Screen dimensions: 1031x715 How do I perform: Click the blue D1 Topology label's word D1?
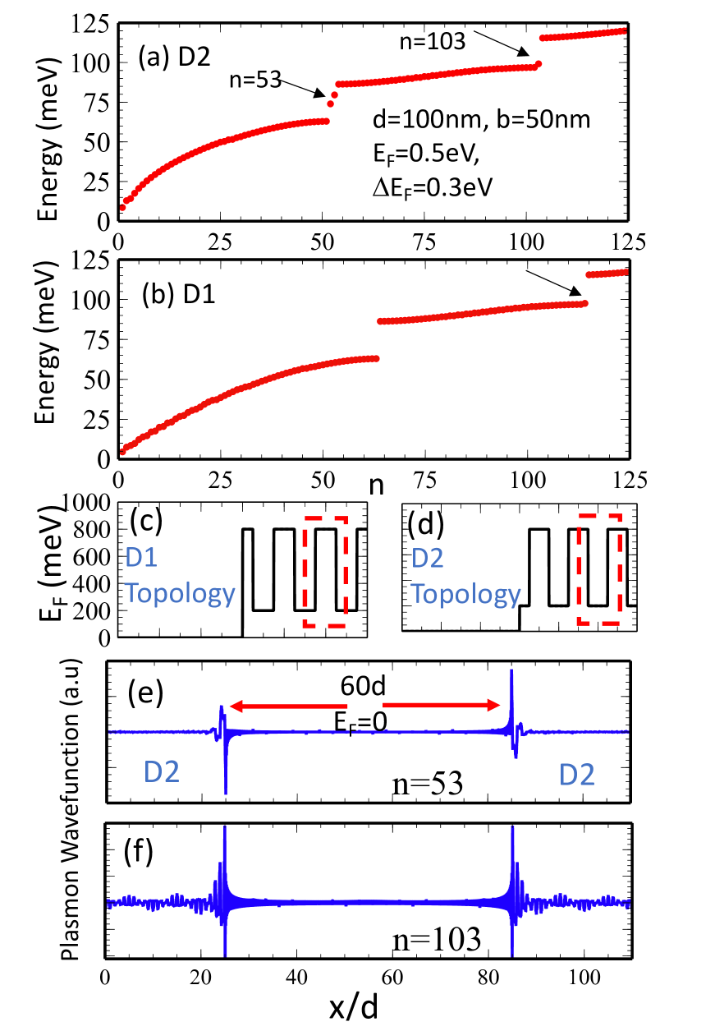tap(149, 559)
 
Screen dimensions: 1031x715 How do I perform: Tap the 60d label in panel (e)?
tap(362, 686)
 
